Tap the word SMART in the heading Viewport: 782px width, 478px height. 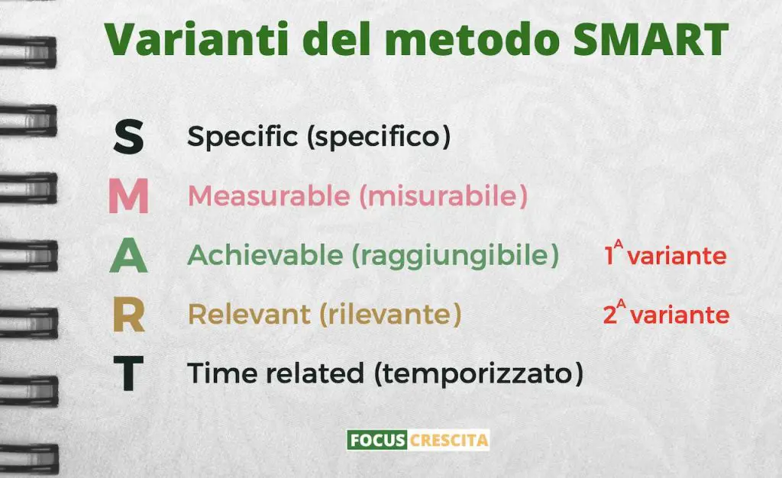click(x=651, y=39)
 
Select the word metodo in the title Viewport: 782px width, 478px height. click(x=472, y=39)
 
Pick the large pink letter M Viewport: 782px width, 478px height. click(x=128, y=196)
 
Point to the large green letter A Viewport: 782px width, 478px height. click(x=128, y=257)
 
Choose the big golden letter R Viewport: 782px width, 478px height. click(x=128, y=315)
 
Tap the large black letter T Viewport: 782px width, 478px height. click(x=128, y=373)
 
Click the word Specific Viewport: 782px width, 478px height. click(x=242, y=136)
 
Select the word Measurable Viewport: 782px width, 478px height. click(x=269, y=195)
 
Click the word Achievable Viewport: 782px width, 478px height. click(x=265, y=255)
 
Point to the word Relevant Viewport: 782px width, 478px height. click(x=250, y=315)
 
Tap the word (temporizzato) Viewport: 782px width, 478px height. click(x=480, y=373)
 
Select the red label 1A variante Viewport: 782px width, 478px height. click(x=665, y=253)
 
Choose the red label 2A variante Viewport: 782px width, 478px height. click(x=666, y=312)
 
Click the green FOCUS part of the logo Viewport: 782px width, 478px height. click(x=377, y=440)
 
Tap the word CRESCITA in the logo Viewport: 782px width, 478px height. click(x=448, y=440)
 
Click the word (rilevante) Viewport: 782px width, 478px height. click(x=390, y=315)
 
